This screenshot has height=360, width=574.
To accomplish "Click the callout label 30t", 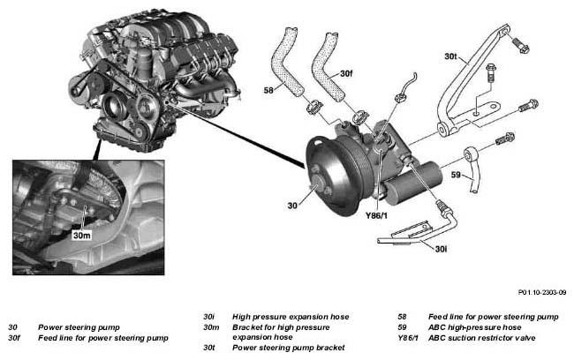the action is (451, 56).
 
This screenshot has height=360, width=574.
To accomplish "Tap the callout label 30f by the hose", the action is (346, 73).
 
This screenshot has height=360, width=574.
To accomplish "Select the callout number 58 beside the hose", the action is (268, 90).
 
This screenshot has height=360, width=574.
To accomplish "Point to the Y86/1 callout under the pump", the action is (376, 215).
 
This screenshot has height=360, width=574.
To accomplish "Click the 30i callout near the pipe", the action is (441, 249).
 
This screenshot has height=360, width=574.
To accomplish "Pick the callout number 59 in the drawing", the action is (456, 175).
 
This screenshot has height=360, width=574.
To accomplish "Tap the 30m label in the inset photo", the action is (81, 236).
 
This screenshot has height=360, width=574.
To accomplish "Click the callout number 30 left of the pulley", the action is (292, 206).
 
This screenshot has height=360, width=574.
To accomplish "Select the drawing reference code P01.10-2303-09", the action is (542, 292).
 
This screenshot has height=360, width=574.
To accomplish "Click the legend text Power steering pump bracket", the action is (289, 347).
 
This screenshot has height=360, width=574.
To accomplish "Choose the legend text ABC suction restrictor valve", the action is (482, 338).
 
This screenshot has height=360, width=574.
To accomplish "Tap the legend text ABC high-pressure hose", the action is (475, 327).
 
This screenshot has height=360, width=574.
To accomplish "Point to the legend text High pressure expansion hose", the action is (291, 317).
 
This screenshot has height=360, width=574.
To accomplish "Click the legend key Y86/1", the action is (407, 338).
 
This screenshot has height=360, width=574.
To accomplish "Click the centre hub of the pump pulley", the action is (320, 183).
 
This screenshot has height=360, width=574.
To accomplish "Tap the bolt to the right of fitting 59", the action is (505, 139).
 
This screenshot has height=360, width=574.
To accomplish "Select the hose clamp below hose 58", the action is (314, 107).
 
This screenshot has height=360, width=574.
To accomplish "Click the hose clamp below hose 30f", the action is (360, 118).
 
